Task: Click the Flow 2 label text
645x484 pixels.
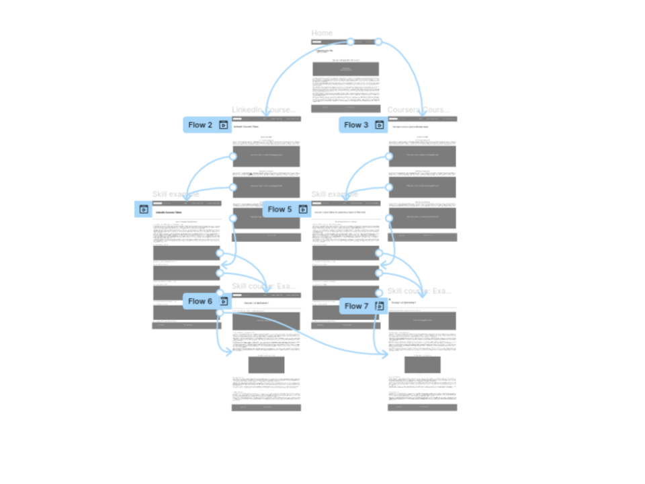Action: [x=200, y=125]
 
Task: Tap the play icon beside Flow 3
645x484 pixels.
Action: [x=379, y=125]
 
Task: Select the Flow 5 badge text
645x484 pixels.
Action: [x=279, y=210]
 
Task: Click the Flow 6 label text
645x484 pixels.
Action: [x=200, y=301]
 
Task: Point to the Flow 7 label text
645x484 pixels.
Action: [x=356, y=306]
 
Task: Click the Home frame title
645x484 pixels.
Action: [x=322, y=33]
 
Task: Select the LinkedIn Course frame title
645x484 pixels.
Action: [x=263, y=110]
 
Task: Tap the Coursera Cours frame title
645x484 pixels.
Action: [x=418, y=110]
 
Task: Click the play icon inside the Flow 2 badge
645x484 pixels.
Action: [x=223, y=125]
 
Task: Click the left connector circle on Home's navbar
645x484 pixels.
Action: [x=351, y=42]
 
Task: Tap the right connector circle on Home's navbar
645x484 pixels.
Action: [x=378, y=42]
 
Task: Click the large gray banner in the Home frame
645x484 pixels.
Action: [x=345, y=69]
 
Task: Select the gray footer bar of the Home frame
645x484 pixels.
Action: [x=345, y=108]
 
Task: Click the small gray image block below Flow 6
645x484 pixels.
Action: [x=266, y=365]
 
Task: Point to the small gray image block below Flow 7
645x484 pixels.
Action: [x=423, y=365]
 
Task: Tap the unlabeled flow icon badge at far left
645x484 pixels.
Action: [x=143, y=210]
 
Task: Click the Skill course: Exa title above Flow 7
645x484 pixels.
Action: [x=419, y=291]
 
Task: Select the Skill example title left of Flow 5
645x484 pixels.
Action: [x=175, y=194]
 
